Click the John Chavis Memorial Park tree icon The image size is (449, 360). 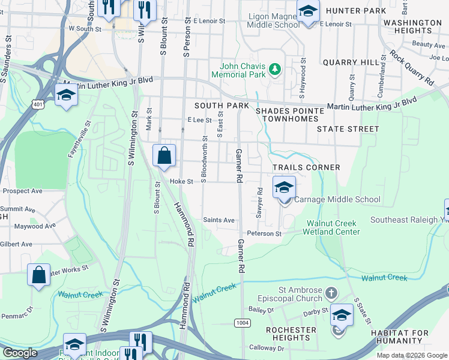(276, 70)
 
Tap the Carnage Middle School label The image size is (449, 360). (339, 199)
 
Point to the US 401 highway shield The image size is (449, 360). (38, 104)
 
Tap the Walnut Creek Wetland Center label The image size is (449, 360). (333, 227)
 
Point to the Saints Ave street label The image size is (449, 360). (218, 220)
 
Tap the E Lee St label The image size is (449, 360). (199, 120)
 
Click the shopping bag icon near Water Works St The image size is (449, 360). (38, 275)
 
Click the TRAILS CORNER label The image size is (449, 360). (306, 167)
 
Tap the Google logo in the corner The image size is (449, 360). (19, 353)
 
